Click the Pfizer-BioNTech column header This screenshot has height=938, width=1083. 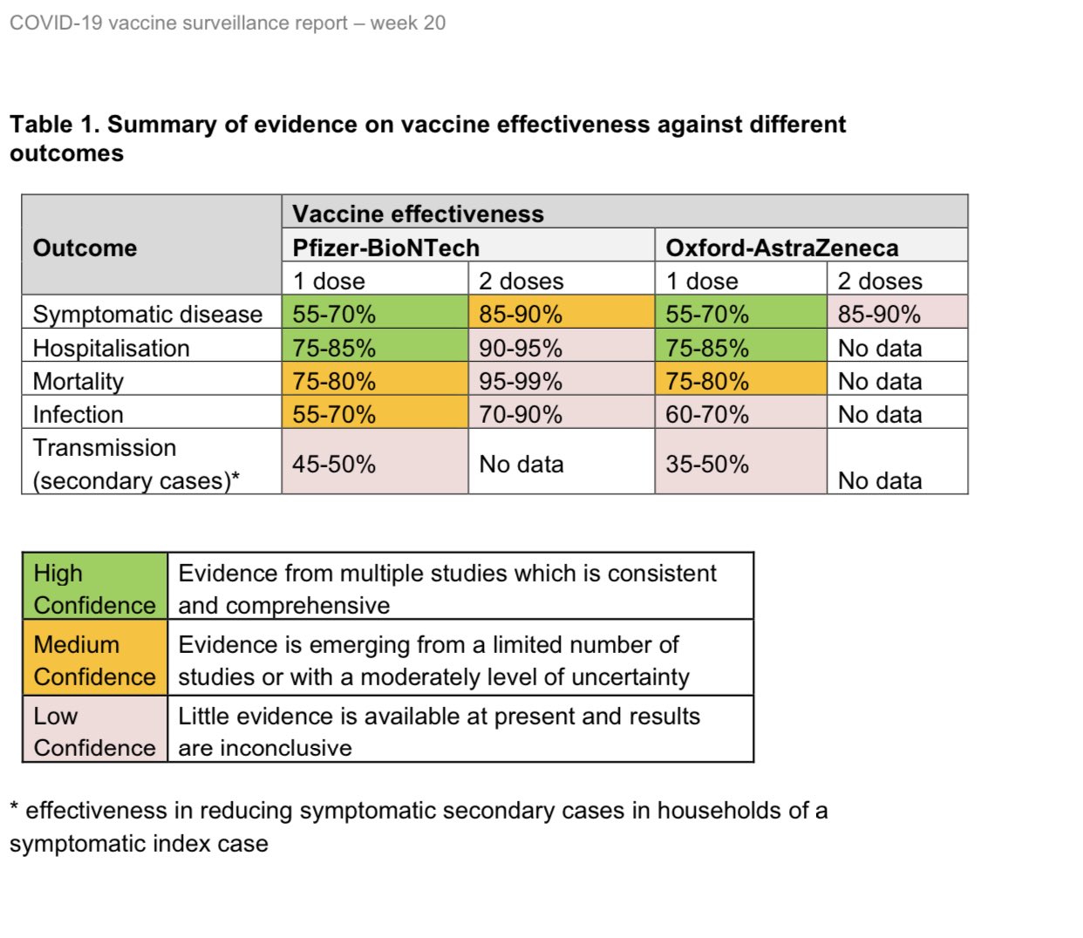tap(385, 248)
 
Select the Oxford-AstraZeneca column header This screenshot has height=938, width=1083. tap(781, 248)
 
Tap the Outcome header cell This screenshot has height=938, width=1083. tap(85, 248)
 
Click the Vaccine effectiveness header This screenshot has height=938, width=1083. tap(418, 214)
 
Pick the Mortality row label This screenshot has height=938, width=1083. tap(78, 381)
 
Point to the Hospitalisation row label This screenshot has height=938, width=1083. tap(111, 348)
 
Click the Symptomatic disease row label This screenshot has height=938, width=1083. tap(147, 314)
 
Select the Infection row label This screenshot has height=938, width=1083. tap(78, 414)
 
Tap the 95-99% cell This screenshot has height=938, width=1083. tap(521, 381)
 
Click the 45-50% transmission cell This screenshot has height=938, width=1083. tap(334, 464)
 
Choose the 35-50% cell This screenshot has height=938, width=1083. tap(707, 464)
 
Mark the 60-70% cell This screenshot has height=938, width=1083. tap(707, 414)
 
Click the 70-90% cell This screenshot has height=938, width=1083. tap(521, 414)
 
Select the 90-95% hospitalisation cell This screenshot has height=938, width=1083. tap(521, 348)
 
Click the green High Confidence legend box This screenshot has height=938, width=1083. tap(94, 588)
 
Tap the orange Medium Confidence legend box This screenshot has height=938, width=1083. tap(94, 660)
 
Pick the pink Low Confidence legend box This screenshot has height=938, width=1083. tap(94, 731)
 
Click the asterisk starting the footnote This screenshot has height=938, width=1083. tap(14, 808)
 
